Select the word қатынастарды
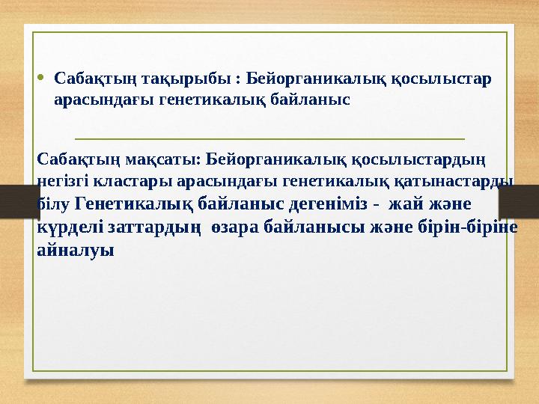tap(465, 180)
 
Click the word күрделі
tap(71, 227)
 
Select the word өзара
tap(235, 227)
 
